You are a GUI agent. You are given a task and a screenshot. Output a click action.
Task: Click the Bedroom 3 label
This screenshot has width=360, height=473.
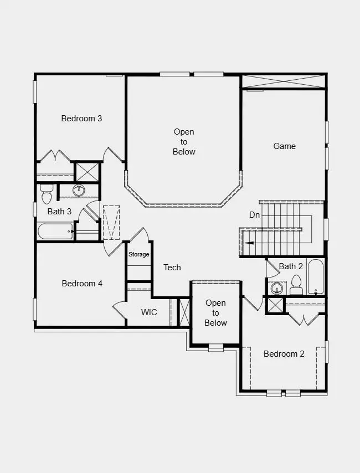tap(81, 118)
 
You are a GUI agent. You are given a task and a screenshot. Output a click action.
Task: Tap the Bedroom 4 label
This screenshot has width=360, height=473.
tap(82, 283)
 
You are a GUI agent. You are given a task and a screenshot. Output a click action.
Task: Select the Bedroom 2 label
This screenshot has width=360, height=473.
tap(284, 354)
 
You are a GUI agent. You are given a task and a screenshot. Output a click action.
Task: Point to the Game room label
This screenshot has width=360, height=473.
tap(285, 146)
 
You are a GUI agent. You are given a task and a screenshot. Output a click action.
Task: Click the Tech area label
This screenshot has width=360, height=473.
tap(172, 268)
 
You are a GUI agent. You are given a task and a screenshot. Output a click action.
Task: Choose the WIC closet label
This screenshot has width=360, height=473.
tap(149, 312)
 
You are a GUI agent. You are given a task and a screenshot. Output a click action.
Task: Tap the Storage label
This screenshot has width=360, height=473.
tap(139, 255)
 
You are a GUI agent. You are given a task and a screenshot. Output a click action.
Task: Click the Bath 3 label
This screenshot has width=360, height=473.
tap(59, 211)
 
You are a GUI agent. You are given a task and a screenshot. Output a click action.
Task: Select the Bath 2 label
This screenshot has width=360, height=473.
tap(291, 266)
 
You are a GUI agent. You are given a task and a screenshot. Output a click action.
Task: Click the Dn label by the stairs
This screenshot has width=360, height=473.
tap(254, 214)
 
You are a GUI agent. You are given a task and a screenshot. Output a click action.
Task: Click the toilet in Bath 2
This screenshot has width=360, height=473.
tap(296, 285)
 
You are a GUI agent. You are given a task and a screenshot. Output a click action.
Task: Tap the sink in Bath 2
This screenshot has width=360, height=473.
tap(275, 288)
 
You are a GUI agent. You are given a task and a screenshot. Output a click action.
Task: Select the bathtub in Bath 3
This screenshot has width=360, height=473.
tap(55, 232)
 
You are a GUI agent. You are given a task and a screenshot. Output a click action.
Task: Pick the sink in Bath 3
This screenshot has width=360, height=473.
tap(79, 190)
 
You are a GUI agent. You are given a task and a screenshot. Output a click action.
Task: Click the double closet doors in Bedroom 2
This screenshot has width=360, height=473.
tap(305, 320)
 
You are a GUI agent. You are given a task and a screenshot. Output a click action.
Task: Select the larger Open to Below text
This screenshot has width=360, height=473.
tap(184, 142)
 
